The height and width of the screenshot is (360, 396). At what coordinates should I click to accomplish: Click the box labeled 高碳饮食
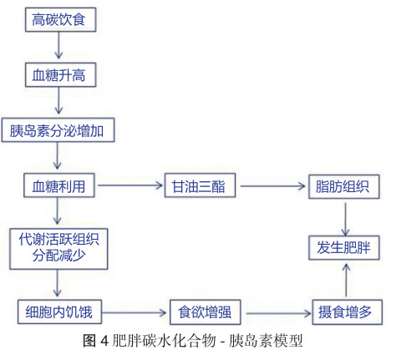[61, 19]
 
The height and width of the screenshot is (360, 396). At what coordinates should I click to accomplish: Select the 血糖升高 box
[61, 74]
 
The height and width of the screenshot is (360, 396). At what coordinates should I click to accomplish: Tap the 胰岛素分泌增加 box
[58, 130]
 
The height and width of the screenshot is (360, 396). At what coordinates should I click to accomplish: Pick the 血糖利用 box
[59, 185]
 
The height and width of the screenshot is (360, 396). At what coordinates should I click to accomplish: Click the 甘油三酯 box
[200, 185]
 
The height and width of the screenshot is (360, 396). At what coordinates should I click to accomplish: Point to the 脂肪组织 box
[344, 186]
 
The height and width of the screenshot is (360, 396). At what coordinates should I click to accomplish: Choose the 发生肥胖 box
[344, 248]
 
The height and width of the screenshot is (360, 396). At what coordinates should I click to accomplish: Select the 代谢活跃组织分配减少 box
[58, 249]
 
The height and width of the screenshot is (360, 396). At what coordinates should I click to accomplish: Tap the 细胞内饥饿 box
[59, 312]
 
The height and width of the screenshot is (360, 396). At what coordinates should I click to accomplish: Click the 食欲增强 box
[206, 312]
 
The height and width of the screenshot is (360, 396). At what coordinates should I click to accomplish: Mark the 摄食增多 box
[348, 312]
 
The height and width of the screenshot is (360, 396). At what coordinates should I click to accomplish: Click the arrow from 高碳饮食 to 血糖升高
[58, 45]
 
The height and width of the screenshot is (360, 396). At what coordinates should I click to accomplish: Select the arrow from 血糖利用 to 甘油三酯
[130, 185]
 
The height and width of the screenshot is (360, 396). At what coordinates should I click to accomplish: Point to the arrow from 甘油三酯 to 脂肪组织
[273, 186]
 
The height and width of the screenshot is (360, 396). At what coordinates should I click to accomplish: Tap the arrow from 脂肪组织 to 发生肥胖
[346, 219]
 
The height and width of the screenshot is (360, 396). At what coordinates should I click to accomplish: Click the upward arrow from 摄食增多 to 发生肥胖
[346, 280]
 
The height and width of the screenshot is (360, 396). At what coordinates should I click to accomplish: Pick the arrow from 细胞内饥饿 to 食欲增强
[134, 312]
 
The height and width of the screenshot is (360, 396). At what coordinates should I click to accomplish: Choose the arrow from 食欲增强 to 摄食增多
[278, 313]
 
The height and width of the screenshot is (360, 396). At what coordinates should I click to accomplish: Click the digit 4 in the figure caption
[104, 341]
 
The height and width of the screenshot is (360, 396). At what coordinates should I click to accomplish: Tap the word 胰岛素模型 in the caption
[266, 341]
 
